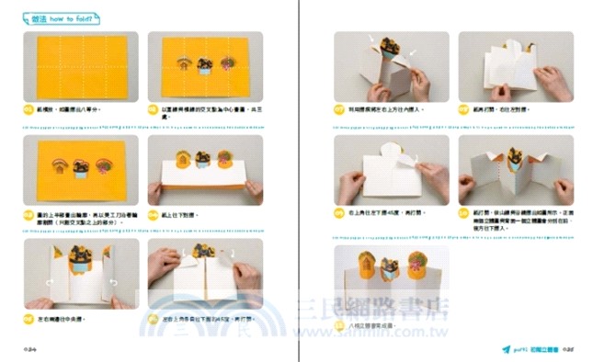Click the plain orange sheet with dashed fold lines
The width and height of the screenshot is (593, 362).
pos(81,67)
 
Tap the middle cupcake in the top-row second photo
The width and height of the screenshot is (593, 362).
pos(204,65)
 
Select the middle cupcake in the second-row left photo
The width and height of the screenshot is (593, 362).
pos(82,167)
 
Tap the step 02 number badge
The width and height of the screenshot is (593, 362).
pos(153,109)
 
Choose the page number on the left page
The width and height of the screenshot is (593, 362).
pos(29,349)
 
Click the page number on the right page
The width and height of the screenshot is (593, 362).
pos(568,349)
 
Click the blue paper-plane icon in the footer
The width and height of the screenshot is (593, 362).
pos(506,349)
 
